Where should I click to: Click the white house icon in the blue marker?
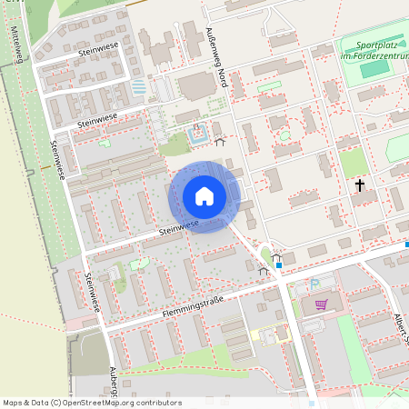click(x=204, y=196)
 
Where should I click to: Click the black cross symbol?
click(x=359, y=185)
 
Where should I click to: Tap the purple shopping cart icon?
click(x=320, y=304)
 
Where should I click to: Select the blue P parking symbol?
click(x=314, y=284)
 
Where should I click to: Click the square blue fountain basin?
click(x=198, y=139)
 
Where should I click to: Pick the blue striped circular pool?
click(x=139, y=88)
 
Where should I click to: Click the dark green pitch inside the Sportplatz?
click(x=373, y=70)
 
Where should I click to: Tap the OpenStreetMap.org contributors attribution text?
click(x=122, y=403)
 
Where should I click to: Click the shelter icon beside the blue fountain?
click(x=219, y=142)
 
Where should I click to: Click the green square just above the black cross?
click(x=353, y=162)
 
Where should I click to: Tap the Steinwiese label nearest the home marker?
click(x=177, y=229)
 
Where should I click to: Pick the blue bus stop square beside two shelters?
click(x=278, y=265)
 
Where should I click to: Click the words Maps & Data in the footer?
click(x=24, y=403)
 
